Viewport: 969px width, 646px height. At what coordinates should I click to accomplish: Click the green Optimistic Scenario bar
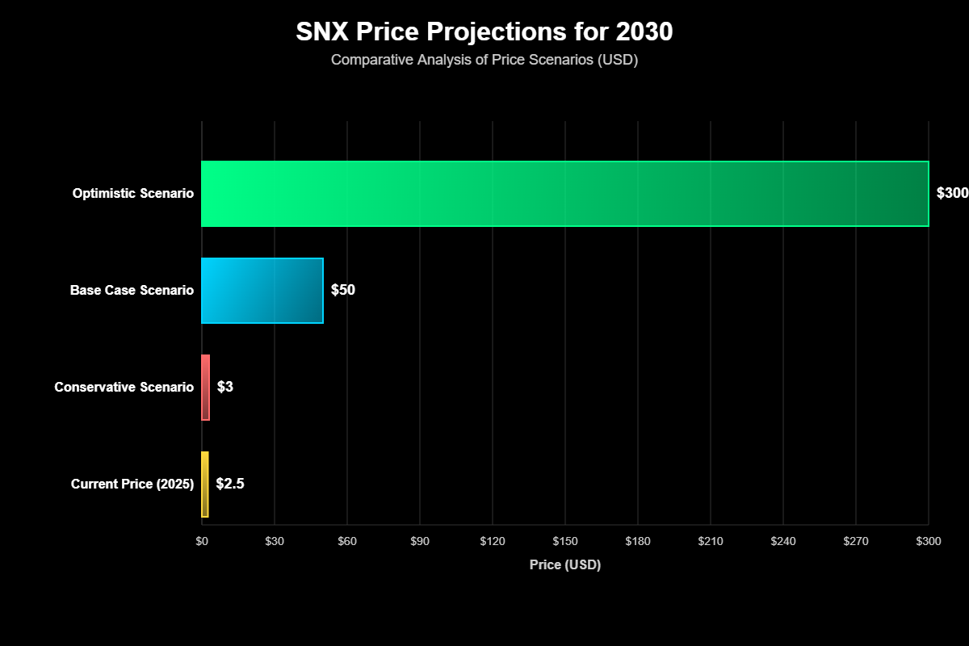[565, 194]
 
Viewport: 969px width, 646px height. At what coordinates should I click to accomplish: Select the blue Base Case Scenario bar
[262, 291]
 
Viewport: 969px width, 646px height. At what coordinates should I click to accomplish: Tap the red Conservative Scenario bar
[206, 388]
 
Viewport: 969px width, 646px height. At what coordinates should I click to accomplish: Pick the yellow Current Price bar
[205, 484]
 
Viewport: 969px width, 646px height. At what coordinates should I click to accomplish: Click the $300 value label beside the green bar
[951, 194]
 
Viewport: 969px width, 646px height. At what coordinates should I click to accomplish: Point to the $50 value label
[343, 291]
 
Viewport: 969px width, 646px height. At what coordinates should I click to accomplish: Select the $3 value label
[225, 388]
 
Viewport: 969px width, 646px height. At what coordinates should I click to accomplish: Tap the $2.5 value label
[230, 484]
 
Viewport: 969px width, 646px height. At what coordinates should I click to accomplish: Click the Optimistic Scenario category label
[133, 194]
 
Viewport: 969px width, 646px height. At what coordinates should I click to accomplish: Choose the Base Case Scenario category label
[132, 291]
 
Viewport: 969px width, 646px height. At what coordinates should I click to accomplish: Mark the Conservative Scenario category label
[124, 388]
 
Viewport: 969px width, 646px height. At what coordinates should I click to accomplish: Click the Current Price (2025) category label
[132, 484]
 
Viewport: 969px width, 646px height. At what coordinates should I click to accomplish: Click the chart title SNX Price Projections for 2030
[484, 32]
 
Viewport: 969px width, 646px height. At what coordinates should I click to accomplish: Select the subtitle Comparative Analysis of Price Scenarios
[484, 61]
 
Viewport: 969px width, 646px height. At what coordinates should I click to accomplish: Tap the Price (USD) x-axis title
[565, 565]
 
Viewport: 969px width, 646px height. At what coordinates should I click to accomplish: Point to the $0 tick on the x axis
[202, 541]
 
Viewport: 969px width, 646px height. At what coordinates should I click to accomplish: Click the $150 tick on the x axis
[565, 541]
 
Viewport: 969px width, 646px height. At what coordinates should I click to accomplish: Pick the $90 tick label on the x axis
[420, 541]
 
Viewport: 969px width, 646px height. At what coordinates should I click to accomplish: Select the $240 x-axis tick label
[783, 541]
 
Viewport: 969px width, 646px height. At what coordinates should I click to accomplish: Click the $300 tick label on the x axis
[929, 541]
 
